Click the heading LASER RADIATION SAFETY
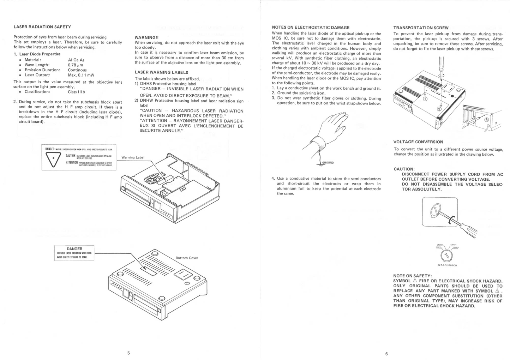click(x=42, y=27)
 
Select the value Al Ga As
click(x=76, y=60)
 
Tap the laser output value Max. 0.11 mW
click(x=81, y=75)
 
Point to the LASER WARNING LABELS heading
click(x=161, y=72)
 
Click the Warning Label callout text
click(x=133, y=157)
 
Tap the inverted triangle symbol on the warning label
click(x=53, y=159)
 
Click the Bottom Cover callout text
click(x=187, y=258)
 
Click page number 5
click(x=128, y=353)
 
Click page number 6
click(x=386, y=354)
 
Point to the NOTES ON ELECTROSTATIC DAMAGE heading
click(x=311, y=28)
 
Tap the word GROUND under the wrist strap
click(x=328, y=163)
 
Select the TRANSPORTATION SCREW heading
click(x=421, y=28)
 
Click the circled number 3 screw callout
click(x=487, y=120)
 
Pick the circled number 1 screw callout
click(x=425, y=99)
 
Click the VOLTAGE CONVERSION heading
click(x=418, y=142)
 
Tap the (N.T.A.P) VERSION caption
click(x=447, y=265)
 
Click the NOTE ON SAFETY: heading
click(x=412, y=276)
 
